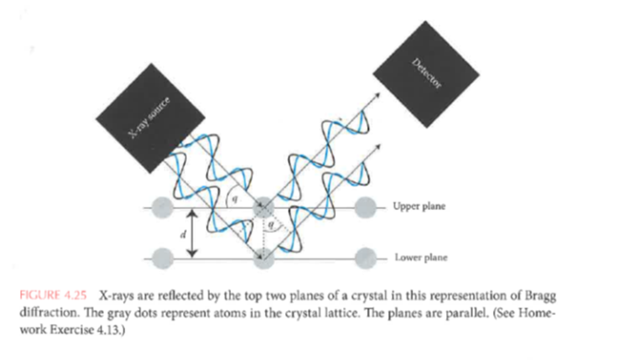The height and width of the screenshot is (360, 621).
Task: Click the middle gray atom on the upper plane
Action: [x=264, y=205]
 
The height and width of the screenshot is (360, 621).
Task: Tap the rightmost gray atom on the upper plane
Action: [x=365, y=205]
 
